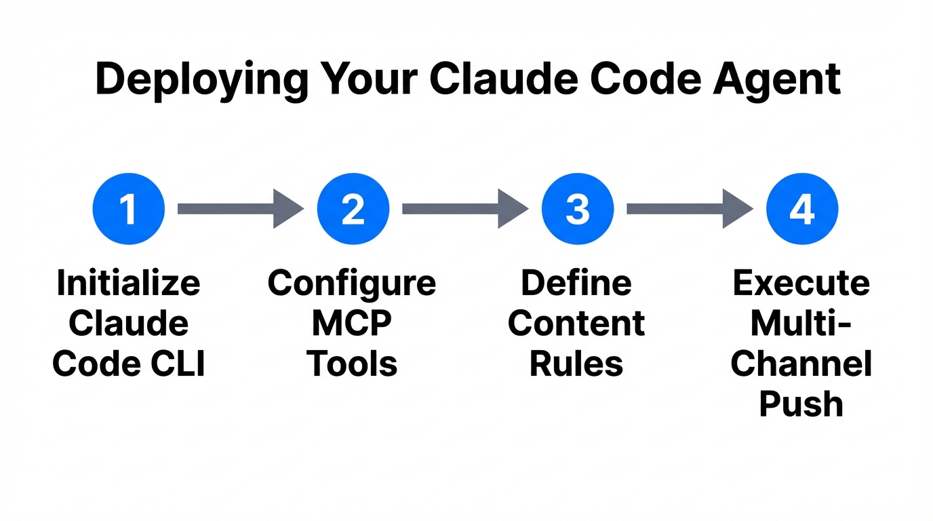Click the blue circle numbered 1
(x=128, y=209)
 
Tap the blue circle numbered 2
(x=353, y=209)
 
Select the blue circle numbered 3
(x=578, y=209)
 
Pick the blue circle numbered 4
(x=802, y=209)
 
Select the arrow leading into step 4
(x=689, y=209)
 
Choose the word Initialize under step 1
(x=128, y=283)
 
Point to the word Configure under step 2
(x=352, y=283)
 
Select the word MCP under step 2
(x=352, y=324)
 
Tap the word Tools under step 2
(x=353, y=364)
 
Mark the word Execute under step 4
(x=801, y=283)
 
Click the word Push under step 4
(x=801, y=405)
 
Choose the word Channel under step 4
(x=801, y=364)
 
